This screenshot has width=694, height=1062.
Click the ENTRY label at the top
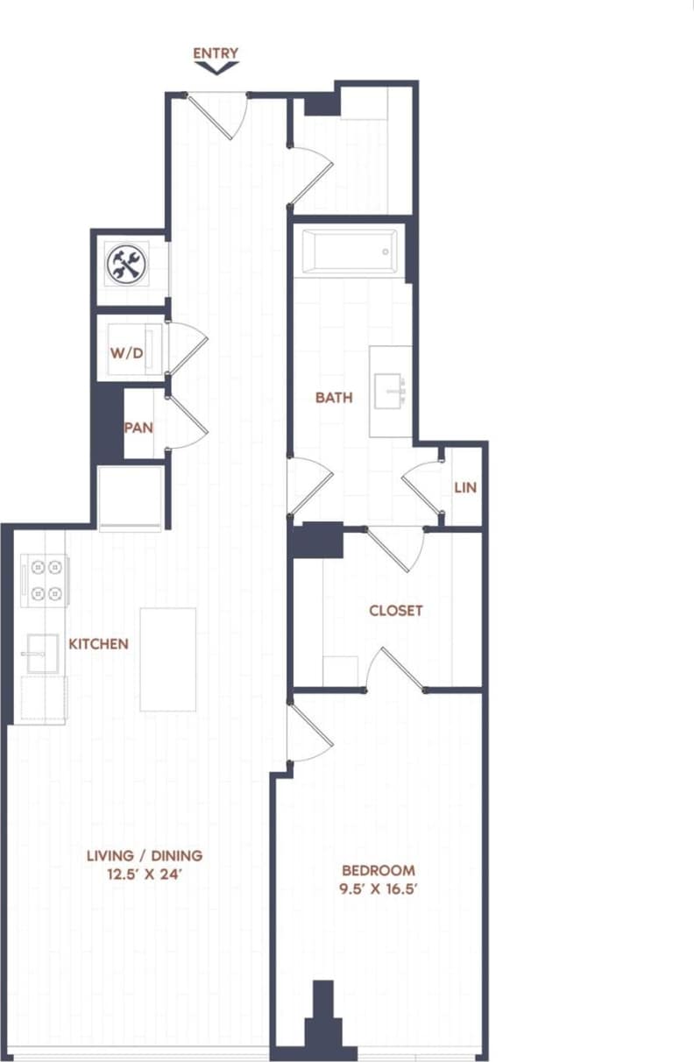tap(216, 53)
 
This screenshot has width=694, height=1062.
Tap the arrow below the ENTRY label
tap(216, 67)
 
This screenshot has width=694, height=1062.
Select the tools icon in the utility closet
tap(126, 265)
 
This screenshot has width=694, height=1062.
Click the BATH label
tap(334, 398)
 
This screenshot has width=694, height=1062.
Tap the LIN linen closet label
tap(465, 487)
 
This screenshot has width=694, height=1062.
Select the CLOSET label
tap(395, 611)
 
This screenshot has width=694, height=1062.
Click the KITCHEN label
tap(98, 644)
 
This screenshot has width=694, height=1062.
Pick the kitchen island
tap(167, 659)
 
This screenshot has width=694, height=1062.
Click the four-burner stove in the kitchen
tap(46, 580)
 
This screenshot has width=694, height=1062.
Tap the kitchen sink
tap(41, 654)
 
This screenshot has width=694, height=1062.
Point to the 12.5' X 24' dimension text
tap(145, 873)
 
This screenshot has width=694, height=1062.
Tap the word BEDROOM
tap(378, 871)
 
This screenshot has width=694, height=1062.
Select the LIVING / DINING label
tap(145, 855)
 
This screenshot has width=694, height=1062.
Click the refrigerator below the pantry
tap(131, 498)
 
